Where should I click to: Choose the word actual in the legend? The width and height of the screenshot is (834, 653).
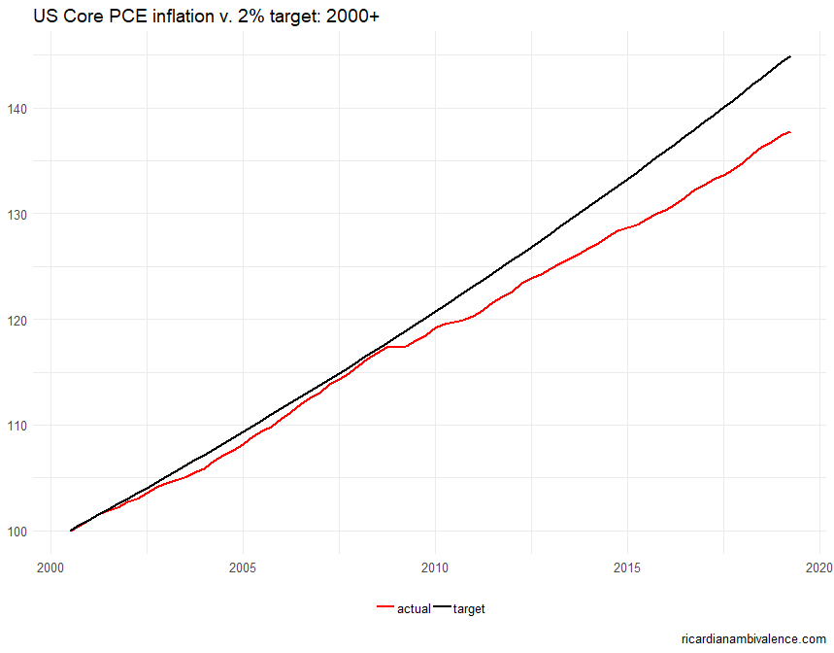414,609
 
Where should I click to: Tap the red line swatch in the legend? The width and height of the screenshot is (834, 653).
385,609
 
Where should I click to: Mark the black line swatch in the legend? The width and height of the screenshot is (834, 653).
442,609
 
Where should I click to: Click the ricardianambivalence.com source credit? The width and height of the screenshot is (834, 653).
754,638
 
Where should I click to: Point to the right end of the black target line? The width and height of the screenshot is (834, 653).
790,56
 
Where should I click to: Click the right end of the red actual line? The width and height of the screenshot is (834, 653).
790,132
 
